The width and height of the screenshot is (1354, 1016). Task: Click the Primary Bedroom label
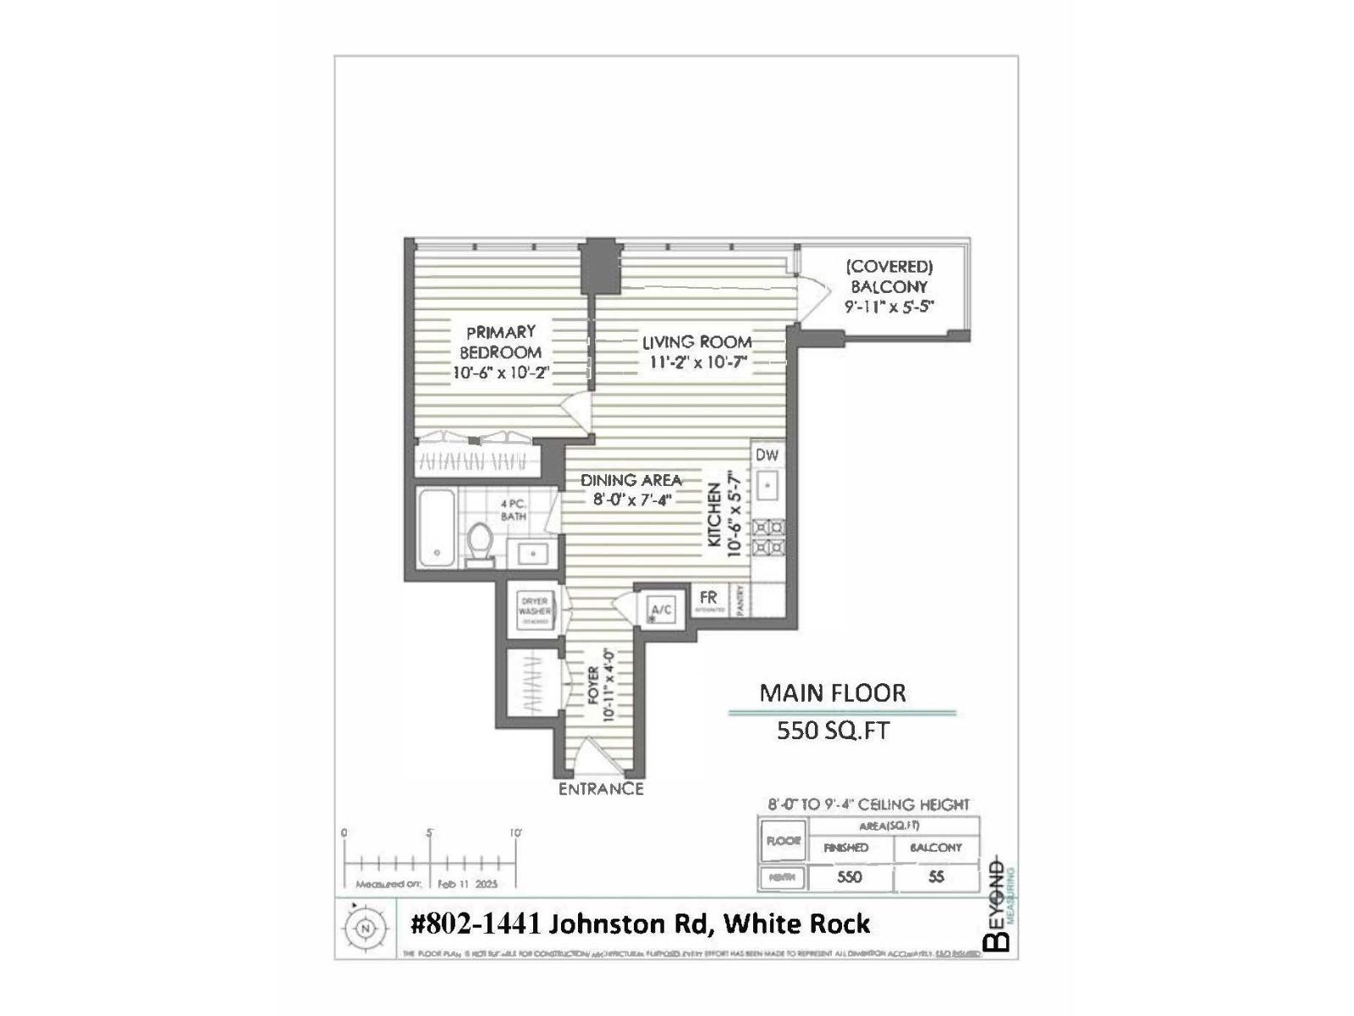pyautogui.click(x=500, y=342)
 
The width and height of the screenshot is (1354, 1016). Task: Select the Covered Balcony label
pyautogui.click(x=889, y=277)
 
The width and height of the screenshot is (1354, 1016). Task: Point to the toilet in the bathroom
pyautogui.click(x=481, y=544)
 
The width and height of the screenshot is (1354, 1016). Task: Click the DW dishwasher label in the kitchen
pyautogui.click(x=767, y=456)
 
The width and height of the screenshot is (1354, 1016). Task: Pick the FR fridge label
pyautogui.click(x=708, y=599)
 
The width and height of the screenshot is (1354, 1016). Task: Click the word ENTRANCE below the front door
pyautogui.click(x=601, y=789)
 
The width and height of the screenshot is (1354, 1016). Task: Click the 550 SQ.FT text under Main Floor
pyautogui.click(x=833, y=731)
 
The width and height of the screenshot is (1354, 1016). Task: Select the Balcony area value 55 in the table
pyautogui.click(x=936, y=877)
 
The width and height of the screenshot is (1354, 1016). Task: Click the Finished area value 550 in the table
pyautogui.click(x=849, y=877)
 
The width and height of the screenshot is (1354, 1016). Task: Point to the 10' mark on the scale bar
pyautogui.click(x=515, y=834)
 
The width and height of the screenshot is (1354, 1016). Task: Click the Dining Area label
pyautogui.click(x=630, y=480)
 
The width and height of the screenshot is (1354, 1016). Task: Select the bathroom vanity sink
pyautogui.click(x=534, y=554)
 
